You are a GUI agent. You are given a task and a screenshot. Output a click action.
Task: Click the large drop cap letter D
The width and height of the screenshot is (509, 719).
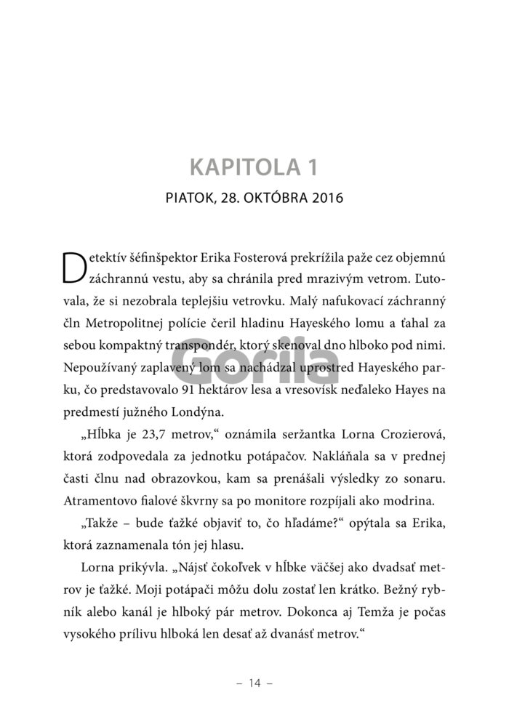click(x=75, y=268)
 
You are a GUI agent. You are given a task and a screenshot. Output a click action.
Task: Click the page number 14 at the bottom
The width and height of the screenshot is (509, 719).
click(x=254, y=683)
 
